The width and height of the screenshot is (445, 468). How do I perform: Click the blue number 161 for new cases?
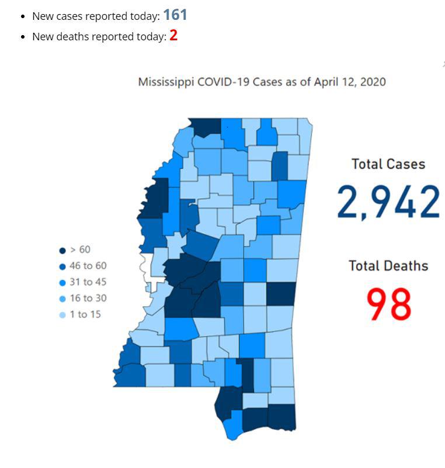point(175,15)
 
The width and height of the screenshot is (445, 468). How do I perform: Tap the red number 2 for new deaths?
point(173,36)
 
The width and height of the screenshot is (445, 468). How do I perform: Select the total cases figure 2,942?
point(388,202)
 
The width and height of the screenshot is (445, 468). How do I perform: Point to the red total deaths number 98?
point(389,304)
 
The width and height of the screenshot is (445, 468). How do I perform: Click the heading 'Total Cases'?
point(388,164)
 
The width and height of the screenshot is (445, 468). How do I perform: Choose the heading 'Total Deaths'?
point(388,266)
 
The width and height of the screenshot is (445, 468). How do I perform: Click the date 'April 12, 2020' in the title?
point(350,82)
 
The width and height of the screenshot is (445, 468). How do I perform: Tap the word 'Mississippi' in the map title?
point(166,82)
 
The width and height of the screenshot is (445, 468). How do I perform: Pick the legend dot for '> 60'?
point(62,251)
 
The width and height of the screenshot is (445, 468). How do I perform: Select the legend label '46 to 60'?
point(88,266)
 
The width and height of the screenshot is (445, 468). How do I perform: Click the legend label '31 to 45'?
point(88,282)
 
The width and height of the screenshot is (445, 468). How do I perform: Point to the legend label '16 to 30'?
point(88,299)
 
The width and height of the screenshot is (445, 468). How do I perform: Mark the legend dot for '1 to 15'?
point(62,315)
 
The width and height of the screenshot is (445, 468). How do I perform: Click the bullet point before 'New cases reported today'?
point(23,17)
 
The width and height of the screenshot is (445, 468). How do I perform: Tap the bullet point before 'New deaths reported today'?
point(23,37)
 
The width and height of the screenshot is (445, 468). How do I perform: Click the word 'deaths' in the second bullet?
point(71,37)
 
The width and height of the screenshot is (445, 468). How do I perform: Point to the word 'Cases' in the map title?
point(267,82)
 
